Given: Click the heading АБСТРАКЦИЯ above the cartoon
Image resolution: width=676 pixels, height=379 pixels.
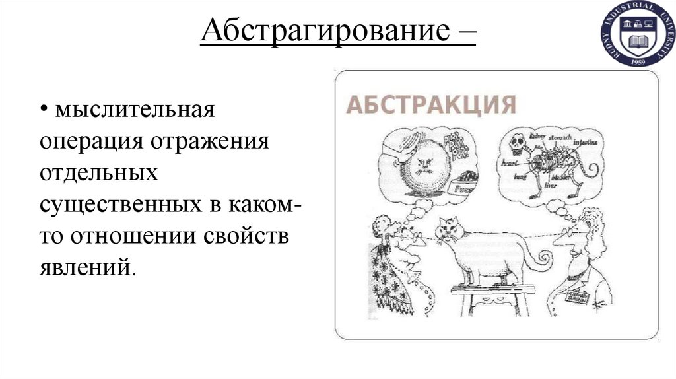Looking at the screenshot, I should coord(431,106).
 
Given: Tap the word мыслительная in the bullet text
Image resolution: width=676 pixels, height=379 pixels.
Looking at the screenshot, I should coord(135,109).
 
